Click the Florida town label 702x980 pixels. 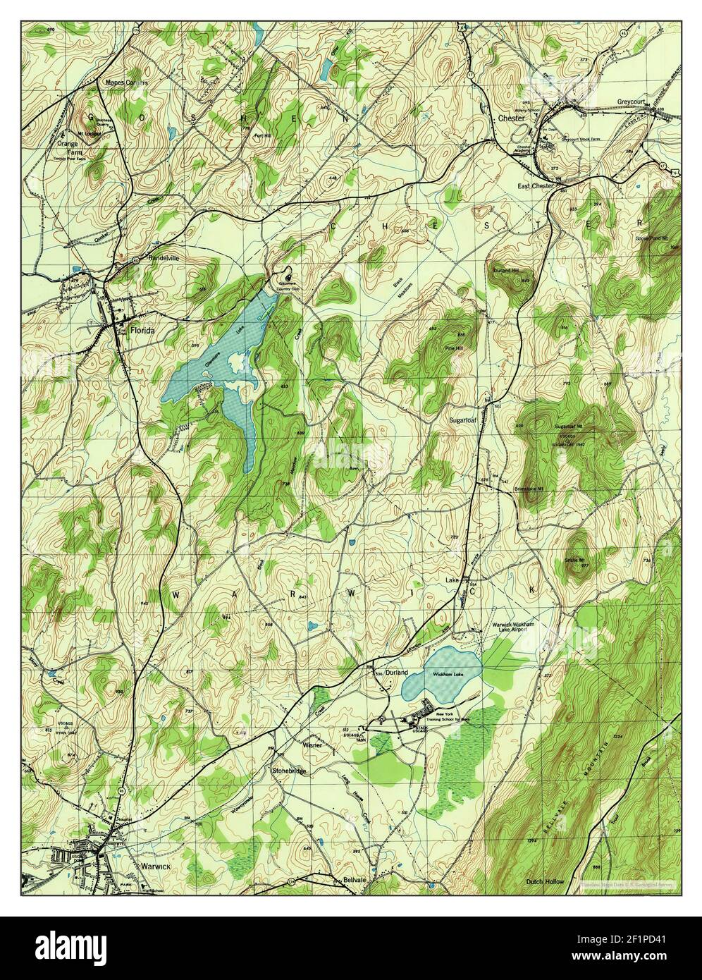tap(141, 329)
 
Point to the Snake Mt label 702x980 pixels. tap(575, 560)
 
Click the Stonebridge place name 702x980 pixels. tap(289, 771)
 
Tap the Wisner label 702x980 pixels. tap(312, 744)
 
